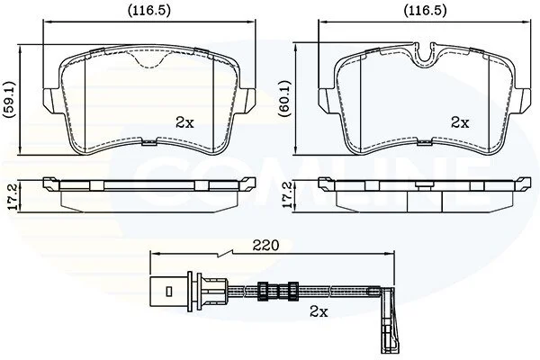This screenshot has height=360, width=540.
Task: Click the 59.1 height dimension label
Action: point(9,100)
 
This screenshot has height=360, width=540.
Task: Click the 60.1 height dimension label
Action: point(286,99)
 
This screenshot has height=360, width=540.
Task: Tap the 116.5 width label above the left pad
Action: point(149,11)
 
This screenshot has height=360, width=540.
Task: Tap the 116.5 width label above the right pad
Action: point(426,11)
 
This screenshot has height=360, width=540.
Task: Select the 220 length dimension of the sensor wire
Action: point(265,246)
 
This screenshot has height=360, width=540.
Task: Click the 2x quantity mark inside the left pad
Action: point(184,122)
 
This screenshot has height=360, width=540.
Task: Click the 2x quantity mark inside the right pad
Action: point(460,122)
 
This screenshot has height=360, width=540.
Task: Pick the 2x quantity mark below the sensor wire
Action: point(319,312)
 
